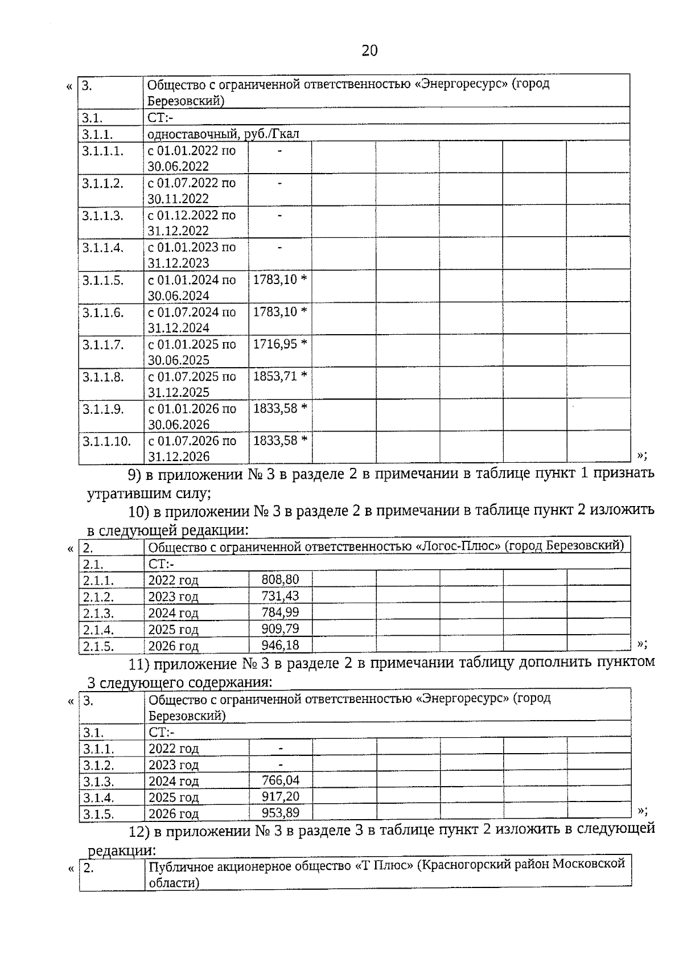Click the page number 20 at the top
(369, 51)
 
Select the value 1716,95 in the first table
(275, 344)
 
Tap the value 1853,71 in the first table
(275, 376)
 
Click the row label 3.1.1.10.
(106, 441)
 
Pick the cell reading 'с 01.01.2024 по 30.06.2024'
(192, 287)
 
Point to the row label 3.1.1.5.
(102, 280)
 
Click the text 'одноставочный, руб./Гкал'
(223, 134)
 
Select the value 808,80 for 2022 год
(280, 579)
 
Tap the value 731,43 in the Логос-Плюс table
(280, 596)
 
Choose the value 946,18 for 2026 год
(280, 645)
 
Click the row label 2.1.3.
(98, 614)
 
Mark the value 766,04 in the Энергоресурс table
(281, 780)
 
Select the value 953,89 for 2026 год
(281, 812)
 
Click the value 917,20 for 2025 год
(281, 796)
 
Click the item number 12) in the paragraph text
(139, 832)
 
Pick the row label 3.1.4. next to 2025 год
(98, 798)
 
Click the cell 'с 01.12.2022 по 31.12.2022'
(192, 223)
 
